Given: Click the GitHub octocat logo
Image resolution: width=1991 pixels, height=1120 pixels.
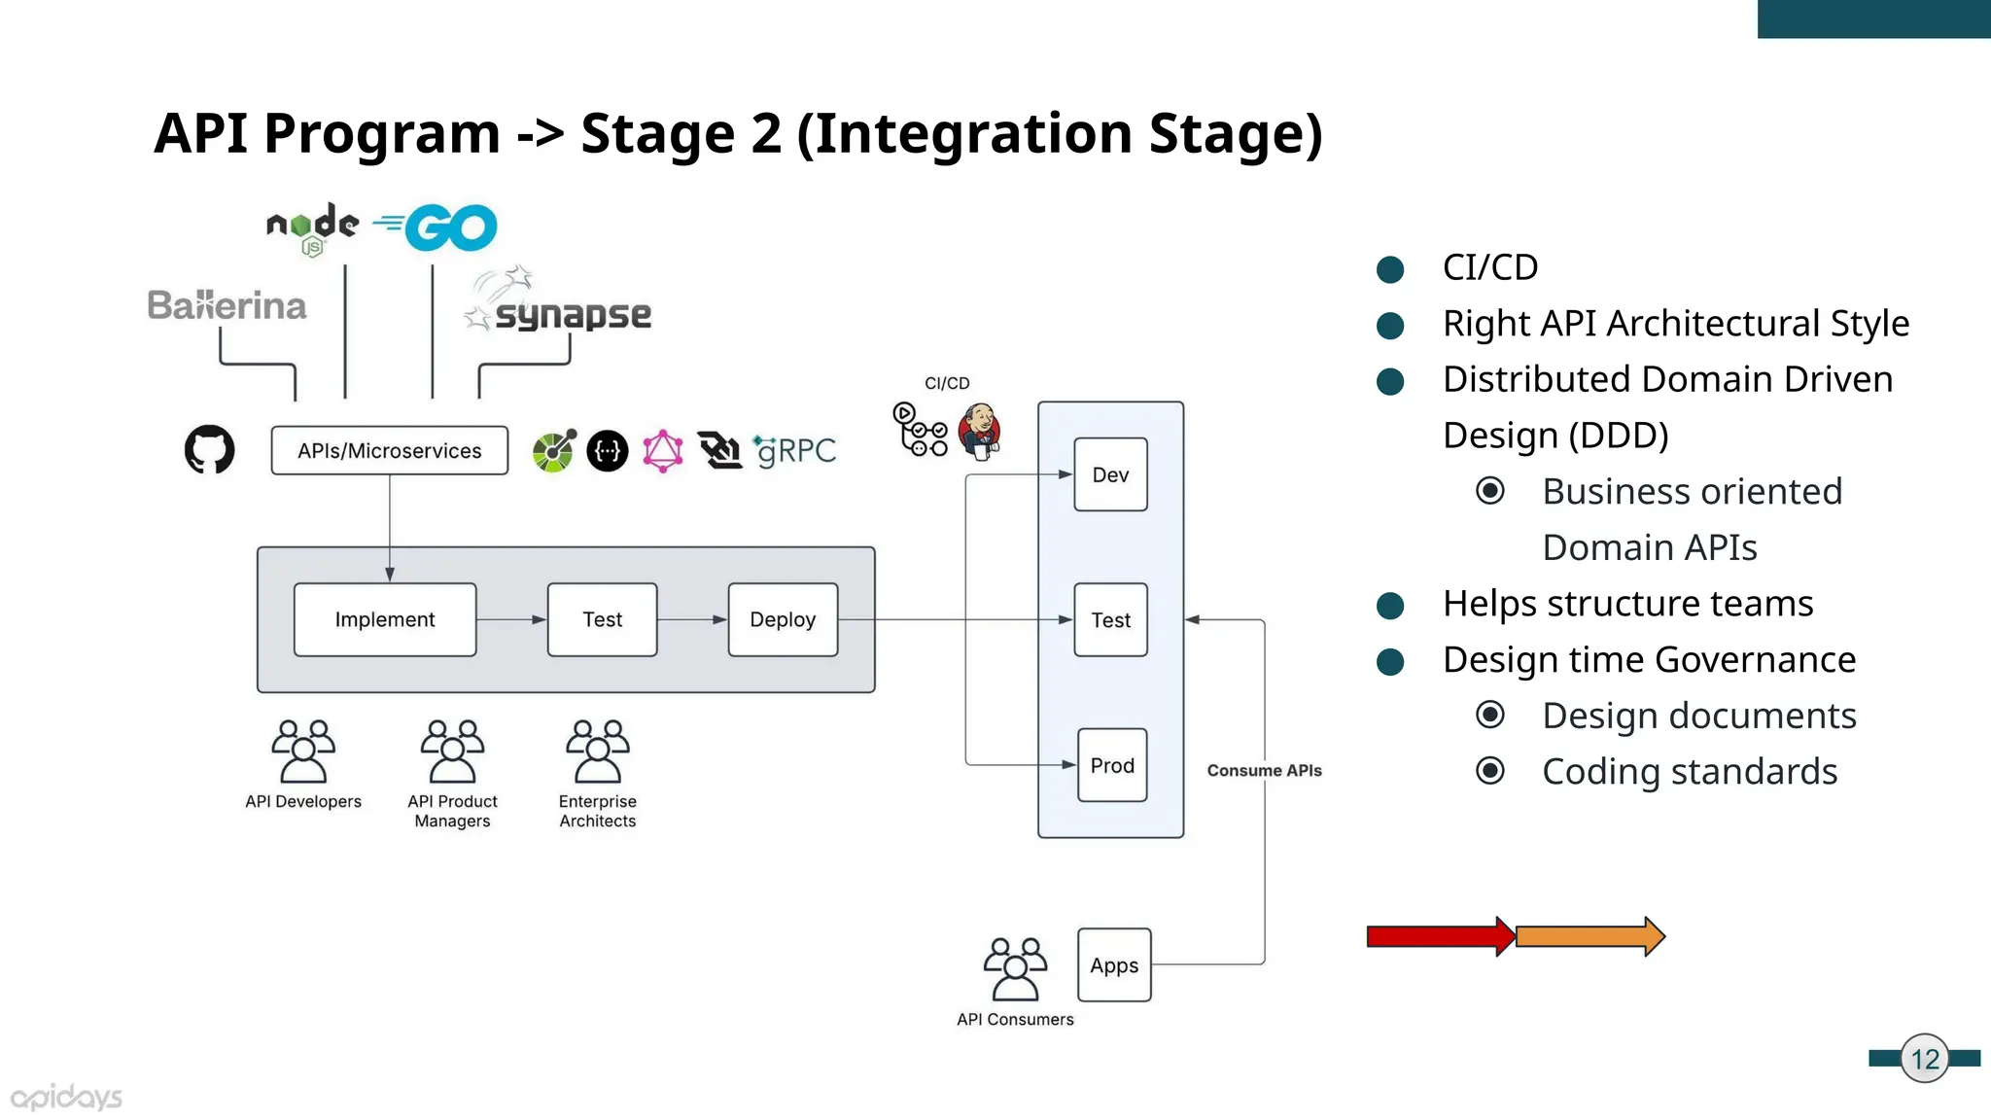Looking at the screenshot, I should (209, 449).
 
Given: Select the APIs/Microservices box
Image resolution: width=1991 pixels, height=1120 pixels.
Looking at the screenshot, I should (389, 450).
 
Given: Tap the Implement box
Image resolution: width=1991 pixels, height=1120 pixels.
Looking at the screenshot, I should (385, 619).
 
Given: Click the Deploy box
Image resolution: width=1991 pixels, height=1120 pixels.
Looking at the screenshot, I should (783, 619).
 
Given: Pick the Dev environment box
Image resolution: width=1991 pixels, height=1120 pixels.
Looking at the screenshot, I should (1110, 474).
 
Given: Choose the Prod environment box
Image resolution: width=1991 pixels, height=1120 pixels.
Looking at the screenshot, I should (1112, 765).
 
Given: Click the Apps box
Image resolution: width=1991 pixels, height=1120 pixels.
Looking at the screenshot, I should (1114, 965).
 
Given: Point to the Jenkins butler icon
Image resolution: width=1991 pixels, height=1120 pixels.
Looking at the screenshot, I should (980, 431).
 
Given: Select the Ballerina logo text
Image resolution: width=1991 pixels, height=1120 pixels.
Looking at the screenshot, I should (227, 305).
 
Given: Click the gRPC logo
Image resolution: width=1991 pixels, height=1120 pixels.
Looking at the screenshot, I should (795, 450).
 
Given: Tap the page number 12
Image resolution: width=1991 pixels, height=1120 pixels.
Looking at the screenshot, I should (1925, 1059).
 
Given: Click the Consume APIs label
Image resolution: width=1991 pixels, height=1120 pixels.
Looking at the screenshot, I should (1264, 770).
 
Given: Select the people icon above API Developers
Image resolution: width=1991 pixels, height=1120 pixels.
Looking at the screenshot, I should (303, 752).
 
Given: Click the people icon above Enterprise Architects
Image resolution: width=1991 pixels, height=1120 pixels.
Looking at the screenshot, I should (598, 752).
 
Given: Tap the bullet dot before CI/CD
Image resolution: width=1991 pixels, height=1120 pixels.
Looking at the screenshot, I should (1390, 269).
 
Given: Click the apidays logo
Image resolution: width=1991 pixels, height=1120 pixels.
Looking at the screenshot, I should (66, 1098).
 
